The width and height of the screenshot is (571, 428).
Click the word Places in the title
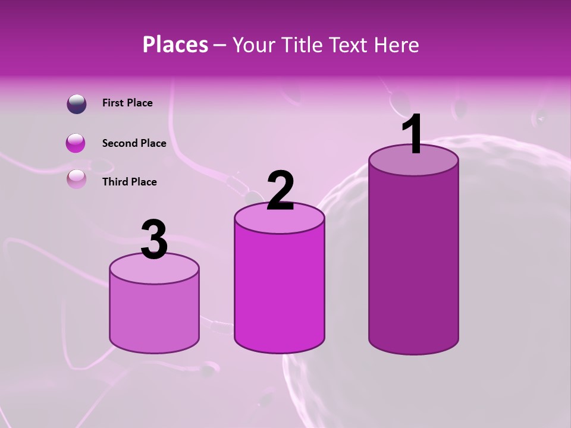(175, 45)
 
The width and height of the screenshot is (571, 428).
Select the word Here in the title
(397, 45)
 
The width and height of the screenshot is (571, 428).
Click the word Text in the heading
(351, 45)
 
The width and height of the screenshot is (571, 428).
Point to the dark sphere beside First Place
(76, 103)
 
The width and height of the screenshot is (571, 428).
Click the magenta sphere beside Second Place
(76, 143)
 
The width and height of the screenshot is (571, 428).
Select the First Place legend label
(127, 103)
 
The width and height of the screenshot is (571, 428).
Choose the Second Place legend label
(134, 143)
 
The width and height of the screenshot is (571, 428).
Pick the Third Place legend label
(129, 182)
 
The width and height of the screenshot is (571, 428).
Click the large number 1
(413, 134)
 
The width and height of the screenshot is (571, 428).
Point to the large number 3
(155, 239)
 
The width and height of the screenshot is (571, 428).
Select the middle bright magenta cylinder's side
(280, 291)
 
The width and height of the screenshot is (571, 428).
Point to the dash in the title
(219, 45)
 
